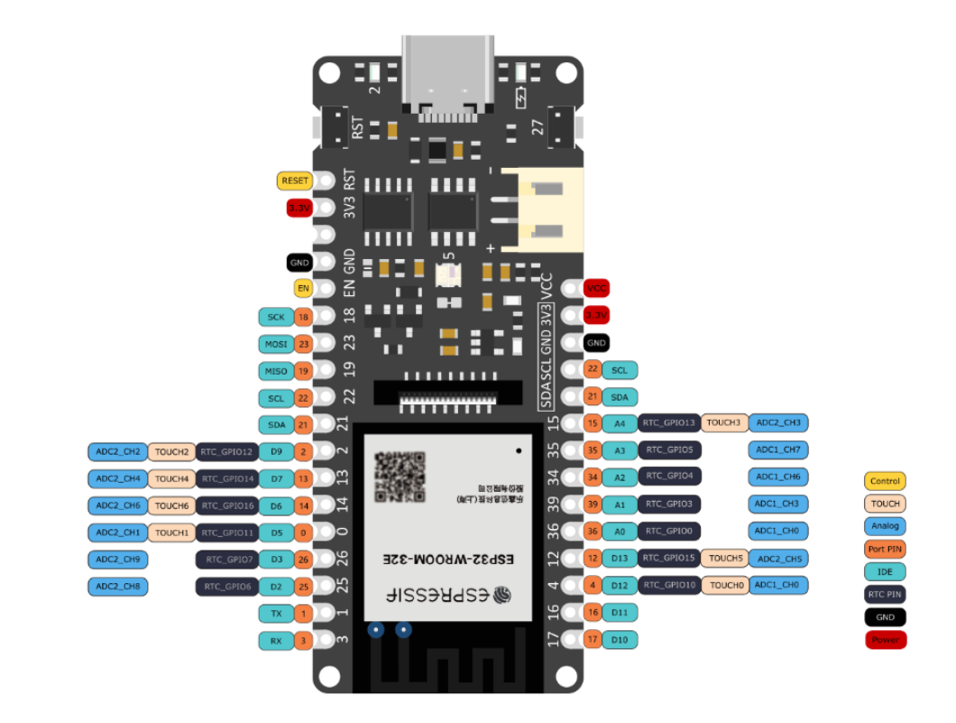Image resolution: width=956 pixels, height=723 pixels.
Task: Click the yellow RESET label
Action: (x=295, y=181)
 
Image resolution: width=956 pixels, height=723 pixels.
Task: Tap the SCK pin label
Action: (x=276, y=317)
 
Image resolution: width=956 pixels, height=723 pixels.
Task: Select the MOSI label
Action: (x=276, y=344)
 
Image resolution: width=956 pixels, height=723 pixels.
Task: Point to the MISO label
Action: (x=276, y=371)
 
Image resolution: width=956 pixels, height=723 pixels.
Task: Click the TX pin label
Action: (x=276, y=614)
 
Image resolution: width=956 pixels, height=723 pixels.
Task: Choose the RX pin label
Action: (x=276, y=641)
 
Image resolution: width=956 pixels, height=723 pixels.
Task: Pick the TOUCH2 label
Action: (x=171, y=451)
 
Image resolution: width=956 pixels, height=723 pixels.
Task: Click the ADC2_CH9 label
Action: (x=116, y=560)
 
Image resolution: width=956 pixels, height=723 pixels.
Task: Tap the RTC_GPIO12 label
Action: (x=227, y=451)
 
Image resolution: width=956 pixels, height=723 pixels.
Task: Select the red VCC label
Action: (x=596, y=288)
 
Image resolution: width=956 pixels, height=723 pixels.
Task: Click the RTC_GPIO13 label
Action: (x=668, y=422)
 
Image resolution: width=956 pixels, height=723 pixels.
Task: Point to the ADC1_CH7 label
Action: (x=777, y=450)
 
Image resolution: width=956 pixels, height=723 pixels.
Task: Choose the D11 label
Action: (x=620, y=613)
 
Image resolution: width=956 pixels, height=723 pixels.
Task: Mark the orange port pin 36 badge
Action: (x=593, y=532)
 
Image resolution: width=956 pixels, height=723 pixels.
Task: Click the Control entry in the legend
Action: (x=885, y=481)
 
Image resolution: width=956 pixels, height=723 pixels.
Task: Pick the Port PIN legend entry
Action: (x=885, y=549)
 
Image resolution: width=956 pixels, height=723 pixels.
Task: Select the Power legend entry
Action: (x=885, y=640)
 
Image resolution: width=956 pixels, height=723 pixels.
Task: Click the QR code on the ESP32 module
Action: (x=400, y=477)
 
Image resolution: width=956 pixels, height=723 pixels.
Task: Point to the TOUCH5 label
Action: (x=724, y=559)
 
